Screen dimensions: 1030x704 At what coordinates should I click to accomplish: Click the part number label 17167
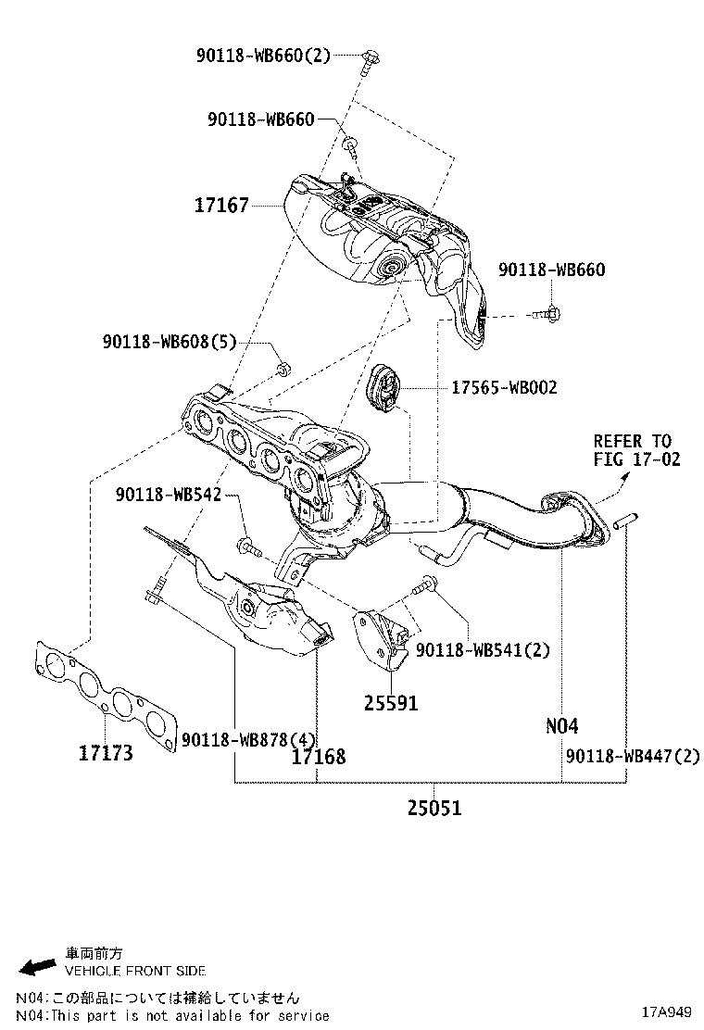[221, 205]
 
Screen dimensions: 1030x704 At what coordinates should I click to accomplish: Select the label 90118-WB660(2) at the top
[263, 56]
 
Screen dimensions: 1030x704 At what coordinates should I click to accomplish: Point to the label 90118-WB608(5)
[170, 343]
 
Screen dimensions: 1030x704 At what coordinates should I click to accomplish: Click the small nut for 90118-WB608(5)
[283, 371]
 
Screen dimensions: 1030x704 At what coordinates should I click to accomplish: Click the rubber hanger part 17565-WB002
[383, 388]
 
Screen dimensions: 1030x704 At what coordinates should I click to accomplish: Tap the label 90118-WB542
[169, 495]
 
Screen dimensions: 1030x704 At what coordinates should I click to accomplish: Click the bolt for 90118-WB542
[248, 546]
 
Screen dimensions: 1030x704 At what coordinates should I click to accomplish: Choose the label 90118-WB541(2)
[483, 650]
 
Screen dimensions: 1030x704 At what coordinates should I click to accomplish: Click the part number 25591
[390, 704]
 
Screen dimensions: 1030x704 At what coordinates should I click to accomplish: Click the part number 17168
[318, 757]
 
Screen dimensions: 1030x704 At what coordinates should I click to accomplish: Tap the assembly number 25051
[434, 808]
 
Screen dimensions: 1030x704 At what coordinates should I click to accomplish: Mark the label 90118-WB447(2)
[633, 757]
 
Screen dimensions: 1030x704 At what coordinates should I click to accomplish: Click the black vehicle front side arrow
[38, 967]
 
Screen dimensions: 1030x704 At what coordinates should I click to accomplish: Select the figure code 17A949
[670, 1011]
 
